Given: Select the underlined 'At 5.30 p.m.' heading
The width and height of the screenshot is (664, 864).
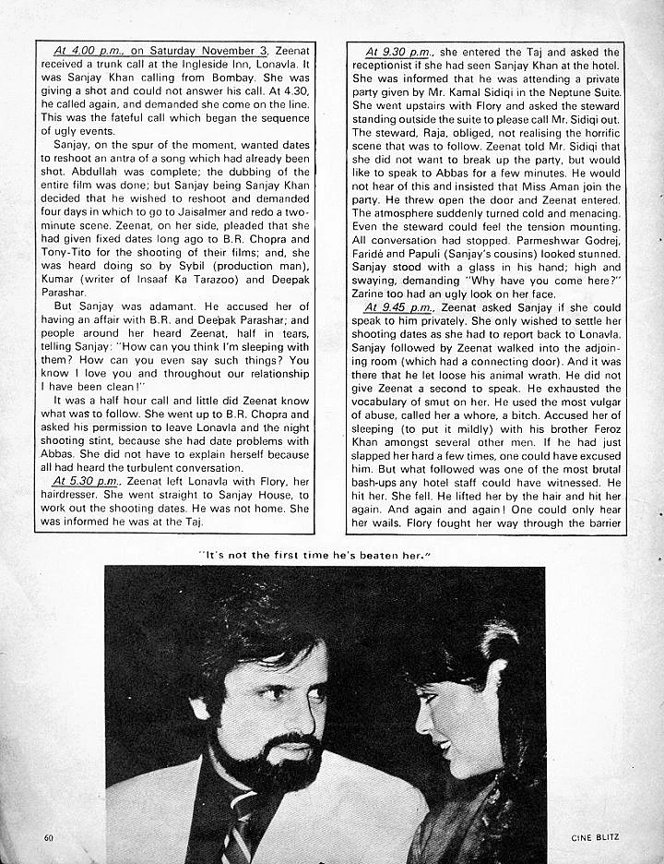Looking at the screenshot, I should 86,481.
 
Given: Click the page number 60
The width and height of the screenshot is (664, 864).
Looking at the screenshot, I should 48,837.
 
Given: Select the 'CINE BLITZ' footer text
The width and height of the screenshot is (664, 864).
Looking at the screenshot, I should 594,837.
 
